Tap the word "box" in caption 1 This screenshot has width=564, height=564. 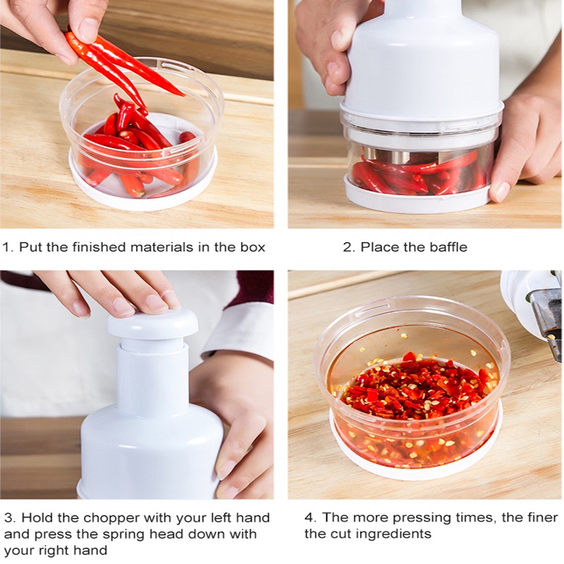252,247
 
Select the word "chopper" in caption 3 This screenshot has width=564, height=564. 111,518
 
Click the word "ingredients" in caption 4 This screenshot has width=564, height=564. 398,534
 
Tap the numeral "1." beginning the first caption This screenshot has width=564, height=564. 8,247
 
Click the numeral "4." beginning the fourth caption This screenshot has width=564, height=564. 311,517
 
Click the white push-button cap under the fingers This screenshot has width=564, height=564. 152,323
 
